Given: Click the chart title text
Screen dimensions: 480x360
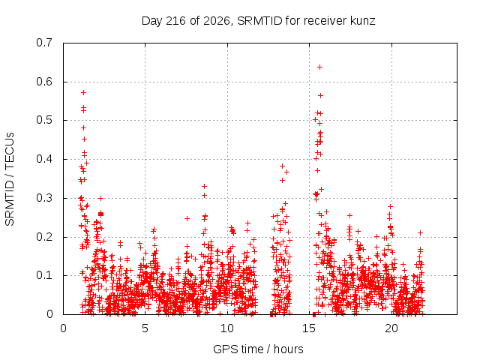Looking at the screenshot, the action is (x=258, y=21).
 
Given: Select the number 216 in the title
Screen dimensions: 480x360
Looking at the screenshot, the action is (x=175, y=21).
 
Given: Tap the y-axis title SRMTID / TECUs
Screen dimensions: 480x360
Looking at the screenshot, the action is (x=10, y=179).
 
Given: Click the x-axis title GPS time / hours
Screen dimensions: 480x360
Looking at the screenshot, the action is (x=258, y=349).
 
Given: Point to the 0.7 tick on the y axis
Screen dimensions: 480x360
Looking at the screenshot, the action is (x=44, y=43).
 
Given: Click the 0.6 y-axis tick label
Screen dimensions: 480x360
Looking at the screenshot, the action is (x=44, y=82).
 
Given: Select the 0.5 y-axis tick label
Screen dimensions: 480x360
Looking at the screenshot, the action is (x=44, y=120).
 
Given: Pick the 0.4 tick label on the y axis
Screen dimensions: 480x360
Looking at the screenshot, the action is (x=44, y=159).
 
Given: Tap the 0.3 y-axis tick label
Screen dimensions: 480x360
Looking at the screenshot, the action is (x=44, y=198).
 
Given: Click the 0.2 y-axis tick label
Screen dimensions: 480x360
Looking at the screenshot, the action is (x=44, y=237).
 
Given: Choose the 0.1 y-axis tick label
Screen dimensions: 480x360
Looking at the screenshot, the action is (x=44, y=275).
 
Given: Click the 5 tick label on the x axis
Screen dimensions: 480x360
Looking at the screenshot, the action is (x=145, y=328).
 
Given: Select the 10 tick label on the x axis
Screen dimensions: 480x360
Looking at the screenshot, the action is (x=227, y=328).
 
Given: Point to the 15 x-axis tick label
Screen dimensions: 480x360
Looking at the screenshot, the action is (x=309, y=328).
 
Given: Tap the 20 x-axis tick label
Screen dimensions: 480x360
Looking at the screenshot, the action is (x=391, y=328).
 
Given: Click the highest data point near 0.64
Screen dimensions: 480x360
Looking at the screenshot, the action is (x=319, y=67).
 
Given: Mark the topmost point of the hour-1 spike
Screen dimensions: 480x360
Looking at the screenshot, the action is (x=83, y=92).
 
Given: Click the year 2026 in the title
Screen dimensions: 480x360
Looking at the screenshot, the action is (x=217, y=21).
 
